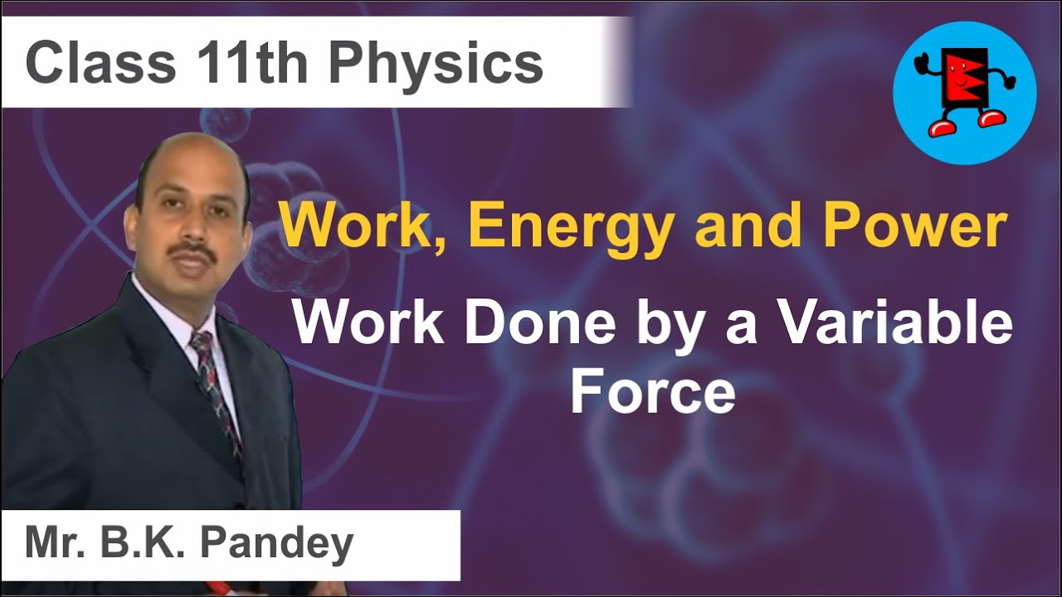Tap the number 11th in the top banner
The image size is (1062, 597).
pos(250,64)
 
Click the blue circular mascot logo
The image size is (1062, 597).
pos(964,93)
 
